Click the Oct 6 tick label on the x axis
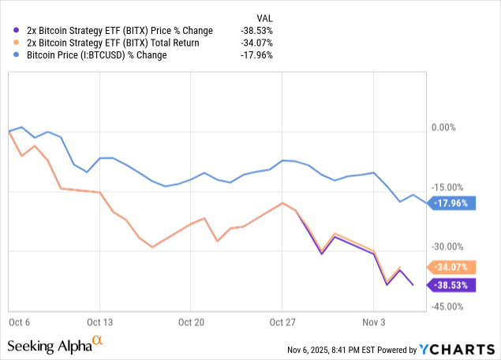[19, 322]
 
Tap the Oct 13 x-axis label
[100, 322]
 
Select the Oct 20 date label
[191, 322]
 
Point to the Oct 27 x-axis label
[282, 322]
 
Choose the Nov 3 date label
[373, 322]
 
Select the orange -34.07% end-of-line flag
[451, 267]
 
